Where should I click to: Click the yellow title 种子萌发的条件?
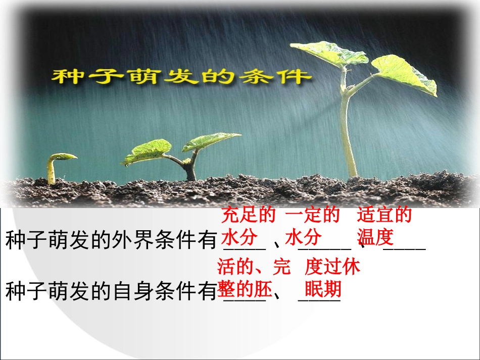(x=180, y=76)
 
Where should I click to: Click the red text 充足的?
(x=248, y=216)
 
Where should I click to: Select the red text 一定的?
(x=312, y=216)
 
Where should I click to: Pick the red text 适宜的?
(x=384, y=216)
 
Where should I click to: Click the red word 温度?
(x=375, y=237)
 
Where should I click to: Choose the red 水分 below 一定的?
(x=303, y=237)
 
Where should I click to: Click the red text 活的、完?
(x=254, y=266)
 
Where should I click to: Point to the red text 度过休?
(x=332, y=266)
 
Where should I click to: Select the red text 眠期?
(x=323, y=290)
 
